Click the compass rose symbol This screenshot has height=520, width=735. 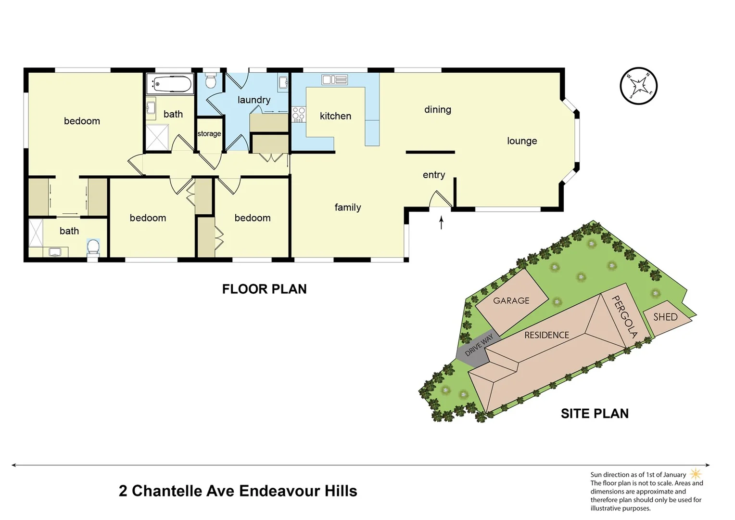(x=638, y=86)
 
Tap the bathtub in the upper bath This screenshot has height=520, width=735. (x=170, y=84)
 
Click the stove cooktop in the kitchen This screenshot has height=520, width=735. (x=298, y=114)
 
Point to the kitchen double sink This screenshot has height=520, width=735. (x=334, y=80)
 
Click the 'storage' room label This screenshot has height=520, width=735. (x=209, y=134)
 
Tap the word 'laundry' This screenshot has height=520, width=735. (x=254, y=100)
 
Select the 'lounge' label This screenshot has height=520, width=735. (x=522, y=141)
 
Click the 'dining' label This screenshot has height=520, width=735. (x=438, y=110)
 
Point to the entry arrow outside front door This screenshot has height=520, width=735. (x=441, y=222)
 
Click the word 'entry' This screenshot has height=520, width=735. (x=434, y=175)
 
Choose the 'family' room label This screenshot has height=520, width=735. (x=348, y=208)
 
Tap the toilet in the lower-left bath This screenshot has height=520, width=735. (x=93, y=247)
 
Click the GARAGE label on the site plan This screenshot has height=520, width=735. (x=511, y=301)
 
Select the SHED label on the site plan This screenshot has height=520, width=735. (x=665, y=317)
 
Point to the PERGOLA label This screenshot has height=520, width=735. (x=624, y=317)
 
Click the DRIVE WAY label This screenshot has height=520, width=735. (x=479, y=345)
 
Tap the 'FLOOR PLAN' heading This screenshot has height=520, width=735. (x=264, y=289)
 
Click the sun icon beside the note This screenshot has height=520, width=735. (x=696, y=474)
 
